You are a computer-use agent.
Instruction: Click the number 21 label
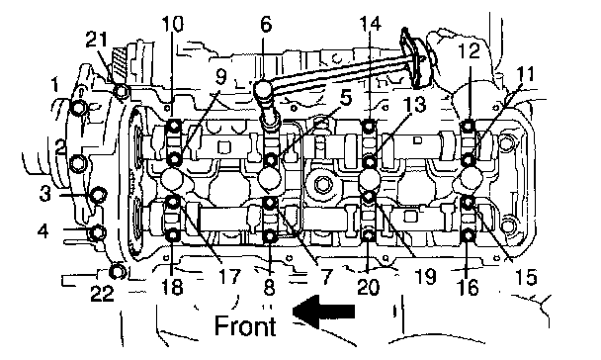(96, 40)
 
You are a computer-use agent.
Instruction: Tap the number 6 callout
(266, 25)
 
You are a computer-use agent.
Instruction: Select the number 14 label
(371, 24)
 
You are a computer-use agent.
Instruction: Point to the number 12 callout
(470, 50)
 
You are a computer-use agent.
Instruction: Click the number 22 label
(102, 294)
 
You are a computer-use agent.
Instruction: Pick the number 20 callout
(368, 288)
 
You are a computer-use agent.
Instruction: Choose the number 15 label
(526, 277)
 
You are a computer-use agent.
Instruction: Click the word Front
(245, 325)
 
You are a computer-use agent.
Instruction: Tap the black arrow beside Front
(324, 312)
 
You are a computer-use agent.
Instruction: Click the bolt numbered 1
(78, 108)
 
